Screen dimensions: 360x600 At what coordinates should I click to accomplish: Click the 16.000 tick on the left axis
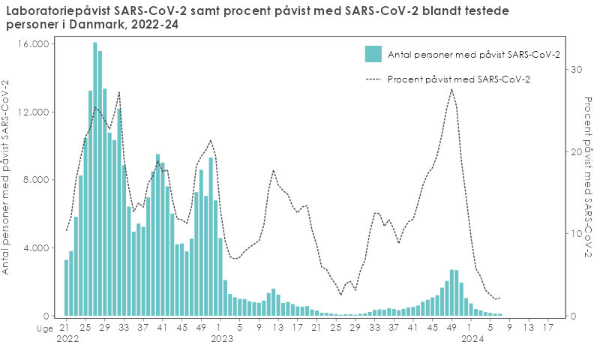click(33, 44)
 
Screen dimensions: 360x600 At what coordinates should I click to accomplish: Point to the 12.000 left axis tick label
click(33, 112)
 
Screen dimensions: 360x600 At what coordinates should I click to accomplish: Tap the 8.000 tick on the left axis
click(35, 180)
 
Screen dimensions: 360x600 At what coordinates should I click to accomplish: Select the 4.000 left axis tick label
click(35, 248)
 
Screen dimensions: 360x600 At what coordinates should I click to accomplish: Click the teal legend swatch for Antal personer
click(373, 54)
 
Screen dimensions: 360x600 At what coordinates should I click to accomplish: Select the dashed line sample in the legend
click(373, 79)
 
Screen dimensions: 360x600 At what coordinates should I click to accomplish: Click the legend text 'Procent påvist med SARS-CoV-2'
click(459, 79)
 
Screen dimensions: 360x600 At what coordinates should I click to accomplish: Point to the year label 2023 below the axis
click(222, 340)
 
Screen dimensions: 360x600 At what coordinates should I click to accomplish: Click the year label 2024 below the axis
click(472, 340)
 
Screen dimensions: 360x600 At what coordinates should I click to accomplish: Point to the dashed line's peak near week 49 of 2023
click(451, 89)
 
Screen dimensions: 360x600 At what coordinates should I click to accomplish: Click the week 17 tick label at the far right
click(548, 327)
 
